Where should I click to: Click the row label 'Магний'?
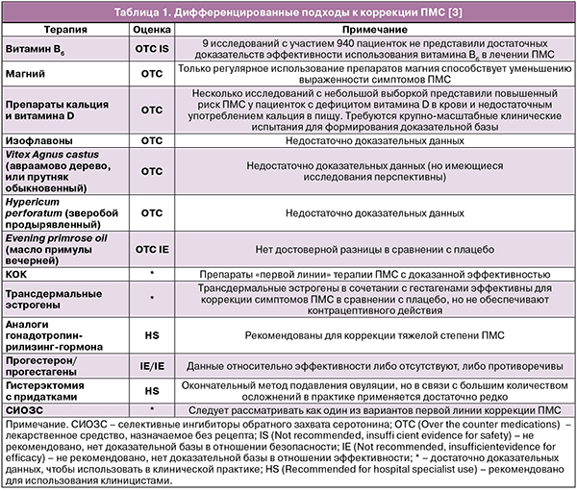point(27,73)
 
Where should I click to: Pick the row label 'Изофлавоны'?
point(38,140)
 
